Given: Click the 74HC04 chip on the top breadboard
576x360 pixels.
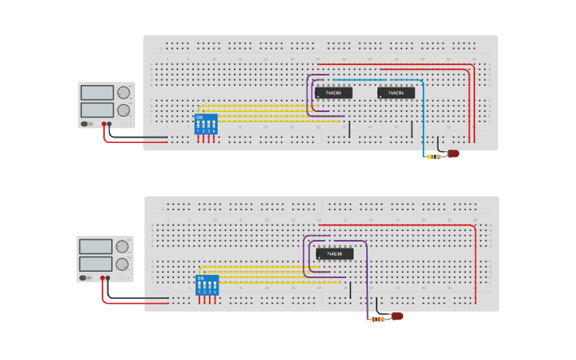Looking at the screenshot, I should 396,93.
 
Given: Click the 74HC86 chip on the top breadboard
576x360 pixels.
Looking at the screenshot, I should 333,93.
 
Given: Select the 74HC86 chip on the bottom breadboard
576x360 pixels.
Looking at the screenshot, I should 334,254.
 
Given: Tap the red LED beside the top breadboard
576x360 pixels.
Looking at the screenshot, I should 453,153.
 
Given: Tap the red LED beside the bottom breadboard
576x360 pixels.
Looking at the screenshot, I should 396,316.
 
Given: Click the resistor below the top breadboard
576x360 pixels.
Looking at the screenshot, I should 433,157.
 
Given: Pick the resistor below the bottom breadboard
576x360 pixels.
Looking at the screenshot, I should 378,319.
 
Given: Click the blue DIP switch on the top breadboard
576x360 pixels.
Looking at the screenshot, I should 206,124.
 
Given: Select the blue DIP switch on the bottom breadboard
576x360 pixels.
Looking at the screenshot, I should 207,285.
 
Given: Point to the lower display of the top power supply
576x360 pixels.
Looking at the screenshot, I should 97,110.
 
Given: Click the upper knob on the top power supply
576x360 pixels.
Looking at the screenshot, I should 124,93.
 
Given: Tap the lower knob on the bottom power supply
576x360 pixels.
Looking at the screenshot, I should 122,264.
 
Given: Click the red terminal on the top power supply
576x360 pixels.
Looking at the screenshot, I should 103,124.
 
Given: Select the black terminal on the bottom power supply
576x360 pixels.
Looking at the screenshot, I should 108,277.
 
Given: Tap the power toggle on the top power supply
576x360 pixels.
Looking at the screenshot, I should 84,124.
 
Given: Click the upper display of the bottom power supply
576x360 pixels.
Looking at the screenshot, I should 95,247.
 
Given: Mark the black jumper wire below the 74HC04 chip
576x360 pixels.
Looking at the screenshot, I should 412,129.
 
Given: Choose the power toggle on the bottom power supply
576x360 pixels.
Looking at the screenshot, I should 83,277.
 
